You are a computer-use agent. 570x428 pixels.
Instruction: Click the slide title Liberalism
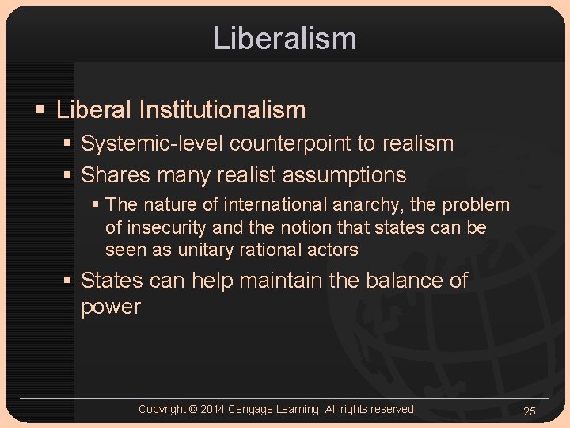[285, 38]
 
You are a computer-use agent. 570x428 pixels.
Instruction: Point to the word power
[111, 307]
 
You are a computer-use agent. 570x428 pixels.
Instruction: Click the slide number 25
[530, 410]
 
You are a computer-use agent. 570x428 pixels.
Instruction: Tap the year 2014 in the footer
[212, 409]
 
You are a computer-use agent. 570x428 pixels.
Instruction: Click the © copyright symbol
[193, 409]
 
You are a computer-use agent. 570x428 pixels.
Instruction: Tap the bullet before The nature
[96, 205]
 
